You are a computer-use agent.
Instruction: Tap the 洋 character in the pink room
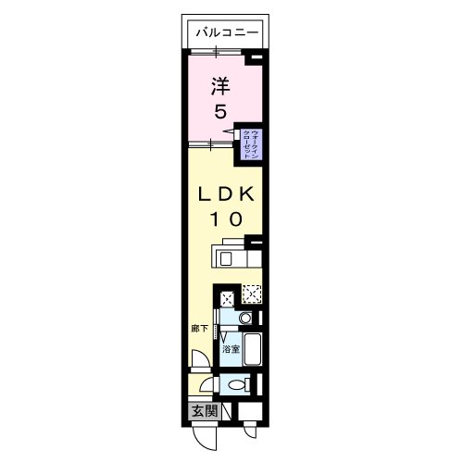pyautogui.click(x=219, y=87)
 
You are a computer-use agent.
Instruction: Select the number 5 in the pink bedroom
pyautogui.click(x=220, y=113)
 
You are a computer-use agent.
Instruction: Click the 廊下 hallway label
pyautogui.click(x=200, y=328)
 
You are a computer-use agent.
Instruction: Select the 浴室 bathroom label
pyautogui.click(x=231, y=349)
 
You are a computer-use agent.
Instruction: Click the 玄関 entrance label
pyautogui.click(x=205, y=410)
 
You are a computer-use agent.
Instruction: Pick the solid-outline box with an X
pyautogui.click(x=227, y=297)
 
